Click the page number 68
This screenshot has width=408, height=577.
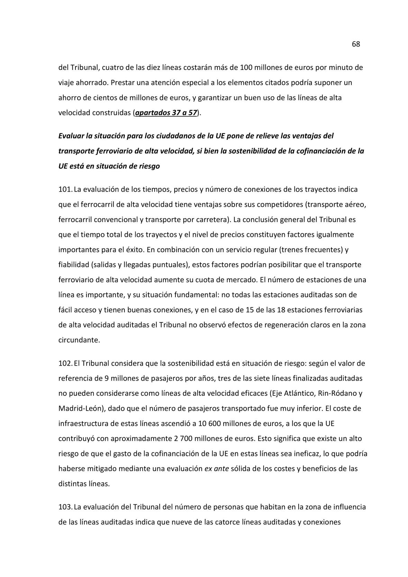click(x=356, y=44)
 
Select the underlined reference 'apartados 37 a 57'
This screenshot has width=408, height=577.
click(x=166, y=113)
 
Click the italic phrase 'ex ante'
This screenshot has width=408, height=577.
click(x=217, y=469)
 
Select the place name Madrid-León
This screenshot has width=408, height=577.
click(x=81, y=409)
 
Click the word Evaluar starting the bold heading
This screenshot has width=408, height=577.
click(x=71, y=136)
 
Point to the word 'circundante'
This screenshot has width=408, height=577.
click(x=79, y=340)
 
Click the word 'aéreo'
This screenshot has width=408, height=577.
click(x=355, y=204)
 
